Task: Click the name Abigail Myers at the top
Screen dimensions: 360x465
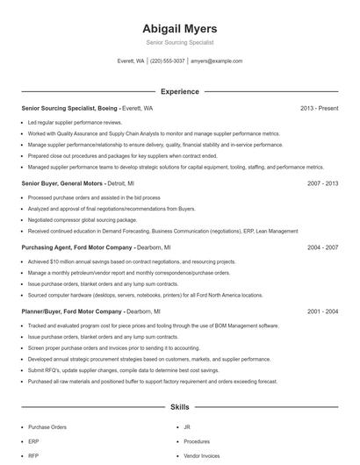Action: (179, 28)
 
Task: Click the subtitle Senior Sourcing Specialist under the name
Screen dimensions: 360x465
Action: (179, 42)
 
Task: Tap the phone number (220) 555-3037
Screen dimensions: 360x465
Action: (167, 61)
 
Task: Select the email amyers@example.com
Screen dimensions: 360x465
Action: (216, 61)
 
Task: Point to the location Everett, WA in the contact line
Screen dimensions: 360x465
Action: (131, 61)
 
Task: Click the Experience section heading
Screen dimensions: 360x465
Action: (179, 91)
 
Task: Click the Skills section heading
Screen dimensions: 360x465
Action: (179, 407)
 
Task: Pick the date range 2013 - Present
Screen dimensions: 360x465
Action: (319, 108)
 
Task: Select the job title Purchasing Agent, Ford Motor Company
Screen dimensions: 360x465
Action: (77, 247)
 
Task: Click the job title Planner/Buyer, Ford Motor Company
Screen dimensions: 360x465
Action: (72, 311)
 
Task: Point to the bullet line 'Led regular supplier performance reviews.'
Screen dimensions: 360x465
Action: (76, 123)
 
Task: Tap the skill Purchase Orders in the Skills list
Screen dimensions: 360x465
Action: (47, 427)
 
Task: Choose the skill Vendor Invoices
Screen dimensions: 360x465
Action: (202, 455)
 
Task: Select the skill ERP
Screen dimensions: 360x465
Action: (33, 441)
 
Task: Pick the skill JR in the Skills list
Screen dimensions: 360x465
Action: (187, 427)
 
